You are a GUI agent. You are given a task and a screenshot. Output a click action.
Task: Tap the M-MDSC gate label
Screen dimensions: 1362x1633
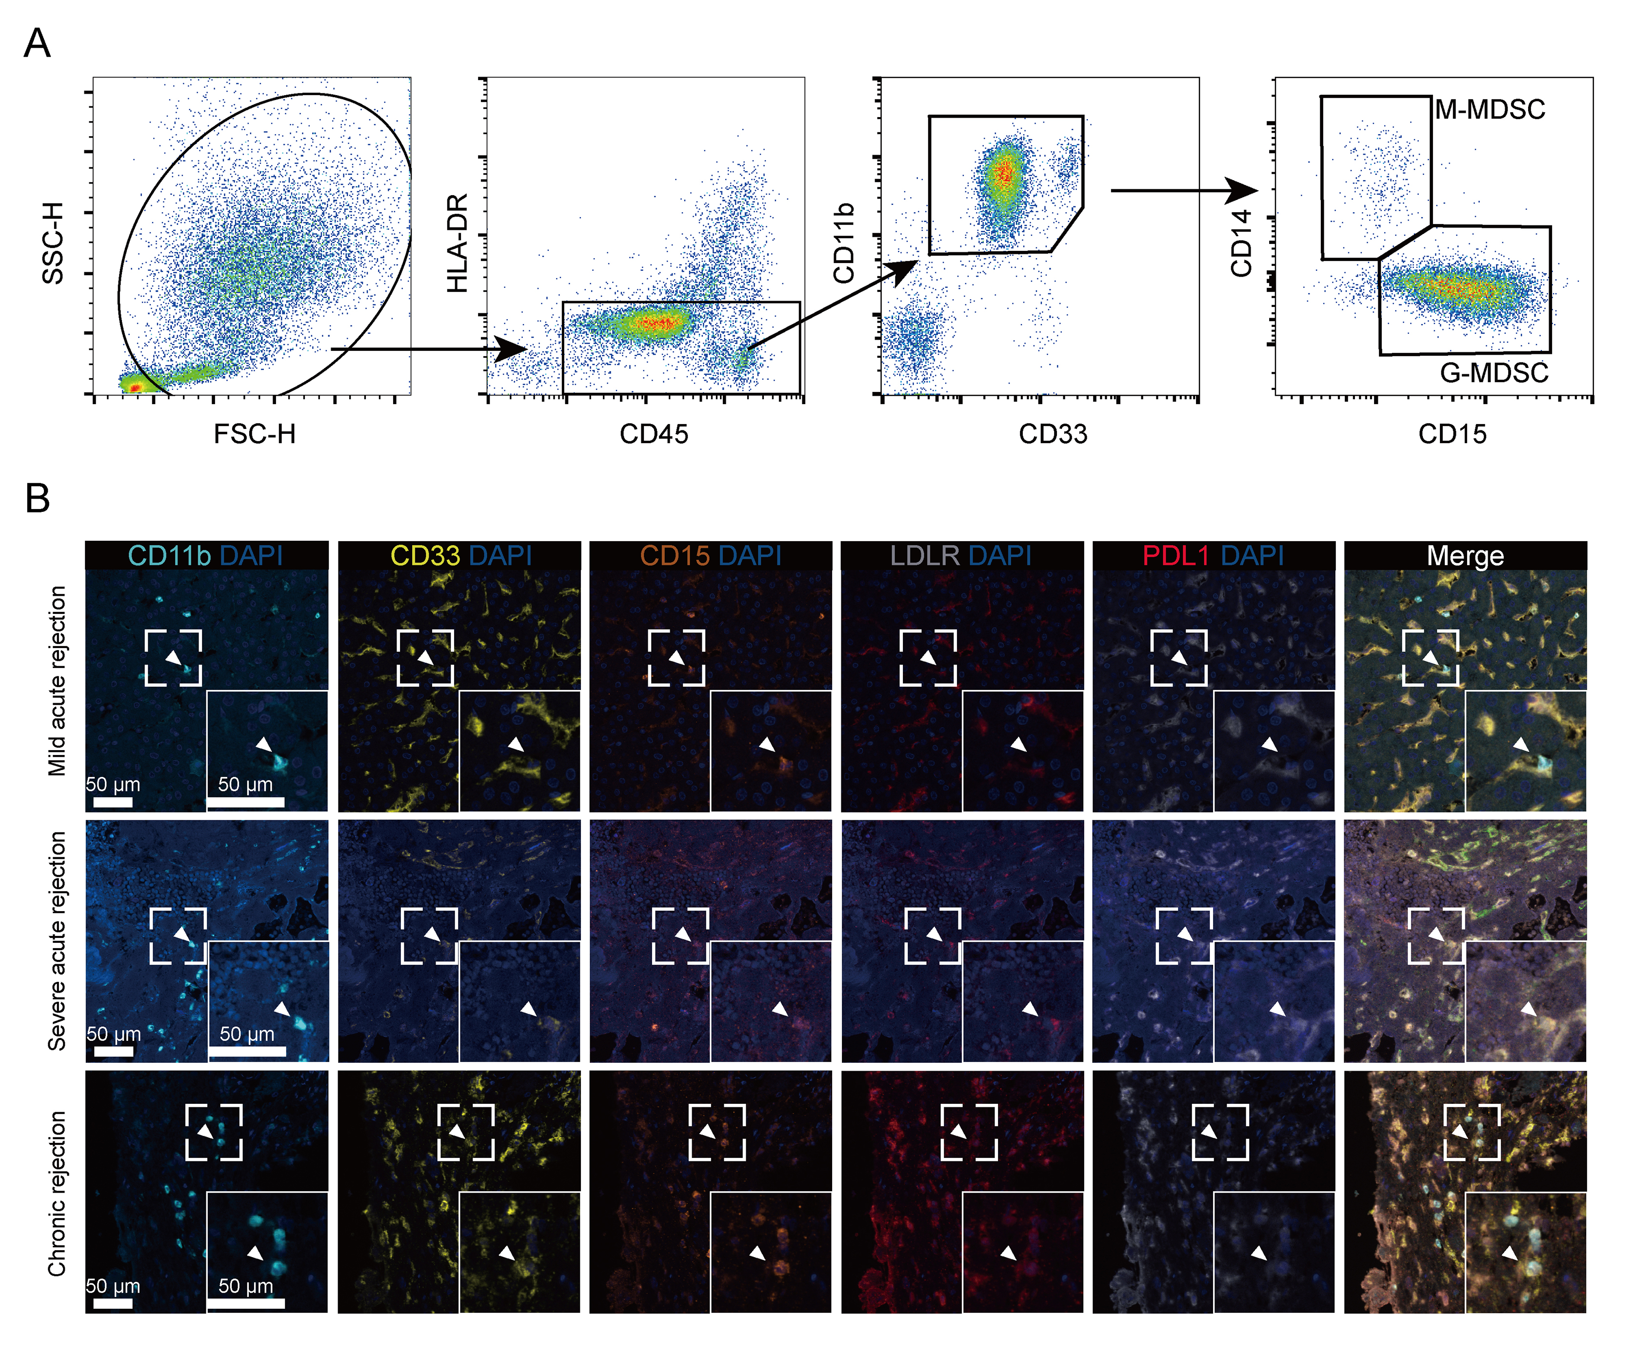tap(1489, 110)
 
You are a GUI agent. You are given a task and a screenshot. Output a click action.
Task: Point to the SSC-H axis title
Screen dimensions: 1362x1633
tap(53, 243)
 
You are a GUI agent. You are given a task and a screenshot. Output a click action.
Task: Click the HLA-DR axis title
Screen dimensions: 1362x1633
tap(457, 243)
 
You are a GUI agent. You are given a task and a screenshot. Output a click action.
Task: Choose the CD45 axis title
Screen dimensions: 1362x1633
tap(653, 434)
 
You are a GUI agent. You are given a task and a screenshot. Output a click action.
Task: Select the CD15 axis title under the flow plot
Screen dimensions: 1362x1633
tap(1452, 434)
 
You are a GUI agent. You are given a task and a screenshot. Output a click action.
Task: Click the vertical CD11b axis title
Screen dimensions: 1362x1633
tap(844, 243)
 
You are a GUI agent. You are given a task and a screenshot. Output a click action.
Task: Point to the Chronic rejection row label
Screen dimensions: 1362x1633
tap(57, 1193)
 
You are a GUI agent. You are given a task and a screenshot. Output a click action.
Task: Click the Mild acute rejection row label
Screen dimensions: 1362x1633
tap(57, 681)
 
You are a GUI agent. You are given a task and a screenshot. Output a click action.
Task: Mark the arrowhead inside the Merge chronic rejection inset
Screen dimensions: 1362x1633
tap(1510, 1253)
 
